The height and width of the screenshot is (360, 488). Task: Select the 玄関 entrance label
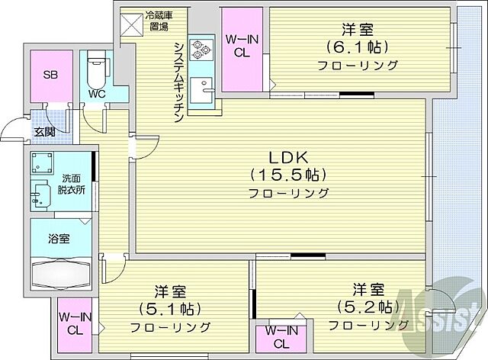[43, 131]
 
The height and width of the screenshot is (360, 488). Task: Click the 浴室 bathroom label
[59, 239]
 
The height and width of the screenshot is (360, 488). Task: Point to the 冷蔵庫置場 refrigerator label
[158, 19]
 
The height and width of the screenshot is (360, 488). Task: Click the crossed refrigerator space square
[131, 26]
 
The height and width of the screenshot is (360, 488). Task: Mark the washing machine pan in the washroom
[43, 163]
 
